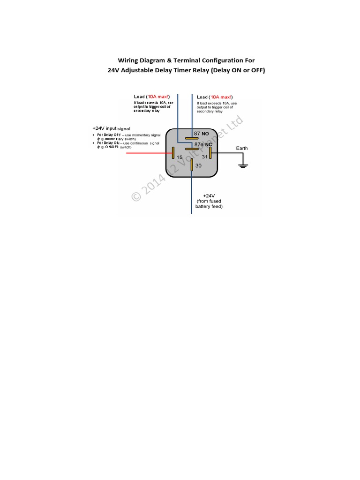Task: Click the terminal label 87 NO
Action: point(201,134)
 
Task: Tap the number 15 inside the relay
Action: point(180,157)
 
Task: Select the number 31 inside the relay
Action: point(204,157)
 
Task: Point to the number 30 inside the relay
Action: point(198,166)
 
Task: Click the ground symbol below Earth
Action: point(242,165)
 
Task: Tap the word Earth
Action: point(242,148)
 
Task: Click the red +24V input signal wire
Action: point(145,153)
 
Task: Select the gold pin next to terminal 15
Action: point(173,153)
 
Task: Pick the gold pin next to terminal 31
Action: point(210,153)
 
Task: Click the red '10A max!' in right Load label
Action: point(222,97)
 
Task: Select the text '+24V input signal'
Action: point(112,128)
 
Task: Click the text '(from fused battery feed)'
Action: point(209,203)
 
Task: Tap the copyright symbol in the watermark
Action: point(136,196)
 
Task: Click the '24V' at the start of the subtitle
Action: point(115,70)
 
